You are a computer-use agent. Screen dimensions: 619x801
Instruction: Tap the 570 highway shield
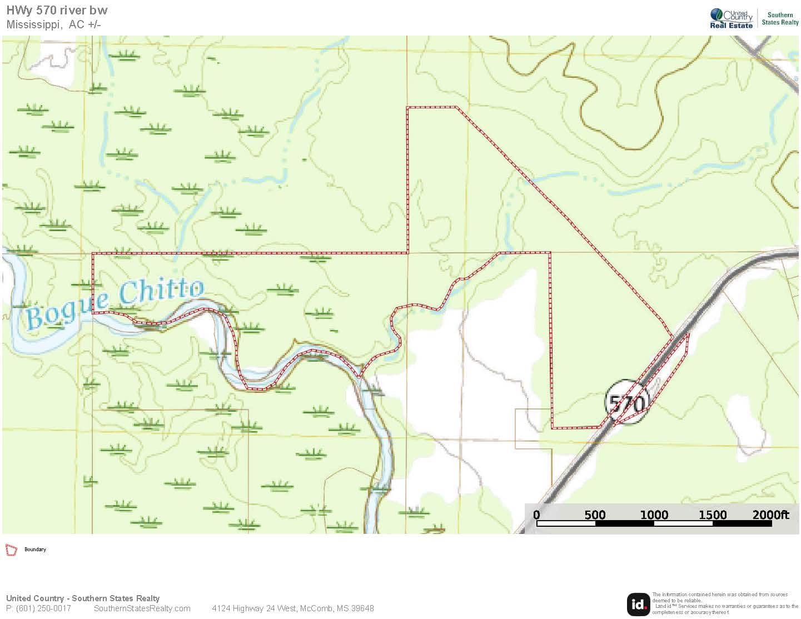click(627, 402)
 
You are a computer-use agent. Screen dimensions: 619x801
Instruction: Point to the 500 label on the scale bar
click(595, 515)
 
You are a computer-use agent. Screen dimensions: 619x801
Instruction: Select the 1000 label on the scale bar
click(654, 515)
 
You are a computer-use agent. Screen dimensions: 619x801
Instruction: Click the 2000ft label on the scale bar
click(770, 515)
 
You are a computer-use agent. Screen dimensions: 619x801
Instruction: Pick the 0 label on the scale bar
click(536, 515)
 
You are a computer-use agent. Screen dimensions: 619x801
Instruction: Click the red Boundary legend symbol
click(11, 550)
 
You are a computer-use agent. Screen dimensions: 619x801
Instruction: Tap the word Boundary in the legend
click(35, 550)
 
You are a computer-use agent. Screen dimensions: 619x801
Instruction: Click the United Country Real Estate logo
click(731, 18)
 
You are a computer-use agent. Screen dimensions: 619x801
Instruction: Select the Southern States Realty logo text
click(780, 19)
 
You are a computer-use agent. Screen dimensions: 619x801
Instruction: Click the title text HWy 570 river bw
click(57, 10)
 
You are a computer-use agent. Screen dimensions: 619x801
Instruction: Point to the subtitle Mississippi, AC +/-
click(53, 24)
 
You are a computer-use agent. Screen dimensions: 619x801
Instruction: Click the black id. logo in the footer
click(638, 605)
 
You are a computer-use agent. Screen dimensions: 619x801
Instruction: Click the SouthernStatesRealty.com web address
click(142, 608)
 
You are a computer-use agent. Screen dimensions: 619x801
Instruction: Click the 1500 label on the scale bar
click(712, 515)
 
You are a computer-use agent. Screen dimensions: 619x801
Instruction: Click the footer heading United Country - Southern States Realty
click(83, 598)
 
